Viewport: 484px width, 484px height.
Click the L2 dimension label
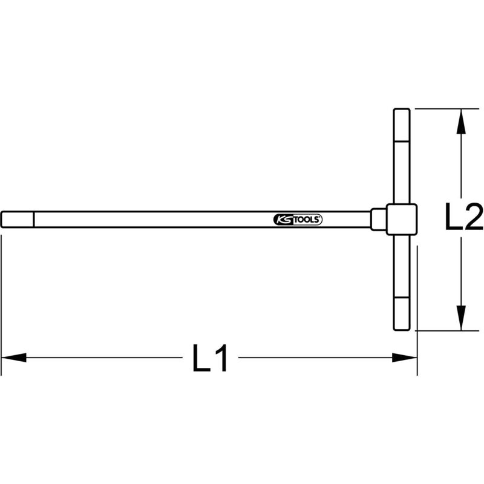pyautogui.click(x=464, y=220)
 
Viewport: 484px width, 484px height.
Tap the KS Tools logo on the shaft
pyautogui.click(x=298, y=220)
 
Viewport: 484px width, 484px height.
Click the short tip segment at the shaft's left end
pyautogui.click(x=18, y=220)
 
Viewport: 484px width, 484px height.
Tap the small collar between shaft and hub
pyautogui.click(x=378, y=220)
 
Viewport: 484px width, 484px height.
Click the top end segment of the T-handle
pyautogui.click(x=402, y=125)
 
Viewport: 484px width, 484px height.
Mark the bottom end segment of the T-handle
pyautogui.click(x=402, y=314)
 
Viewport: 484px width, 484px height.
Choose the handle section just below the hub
pyautogui.click(x=402, y=266)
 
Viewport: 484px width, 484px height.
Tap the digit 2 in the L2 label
pyautogui.click(x=473, y=220)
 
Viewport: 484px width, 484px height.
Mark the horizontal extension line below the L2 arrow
pyautogui.click(x=445, y=331)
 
